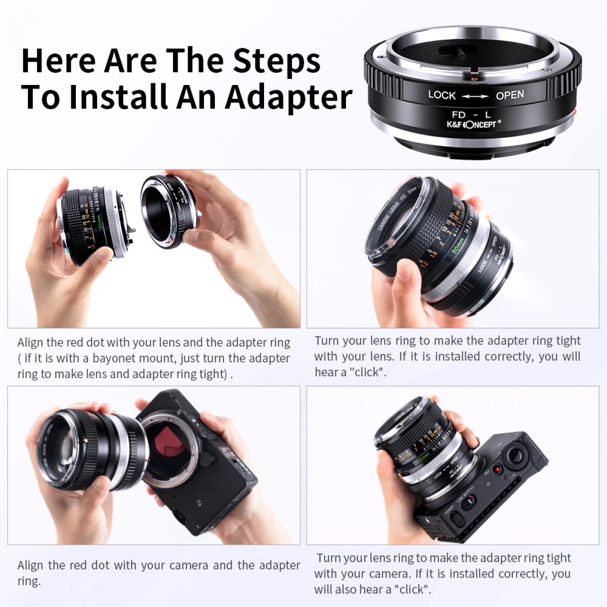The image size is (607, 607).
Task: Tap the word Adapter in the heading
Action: (288, 97)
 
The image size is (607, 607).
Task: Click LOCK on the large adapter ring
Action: (442, 95)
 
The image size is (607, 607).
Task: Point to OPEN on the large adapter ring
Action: (510, 95)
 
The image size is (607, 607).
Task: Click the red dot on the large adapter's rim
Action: (474, 79)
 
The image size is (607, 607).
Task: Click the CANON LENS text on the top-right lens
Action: (388, 218)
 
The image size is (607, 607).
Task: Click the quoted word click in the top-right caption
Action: (368, 372)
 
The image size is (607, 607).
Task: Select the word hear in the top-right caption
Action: (326, 372)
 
